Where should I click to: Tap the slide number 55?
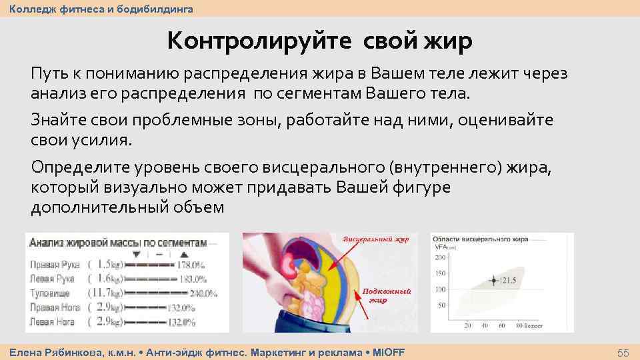[x=623, y=352]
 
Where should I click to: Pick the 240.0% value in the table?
[x=203, y=293]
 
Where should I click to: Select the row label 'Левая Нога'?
[x=53, y=321]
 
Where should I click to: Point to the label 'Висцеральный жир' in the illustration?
[x=375, y=239]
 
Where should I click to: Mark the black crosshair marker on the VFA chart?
[x=494, y=280]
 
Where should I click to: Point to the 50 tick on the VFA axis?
[x=442, y=305]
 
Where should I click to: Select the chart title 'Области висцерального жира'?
[x=480, y=239]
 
